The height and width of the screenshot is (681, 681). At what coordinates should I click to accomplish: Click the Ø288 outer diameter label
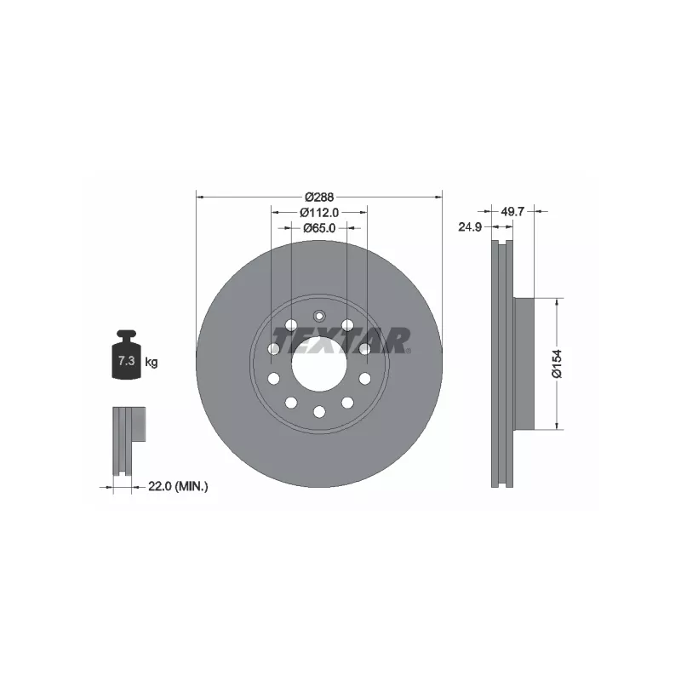point(320,196)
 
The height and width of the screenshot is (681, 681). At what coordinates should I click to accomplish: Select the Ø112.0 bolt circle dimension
point(320,212)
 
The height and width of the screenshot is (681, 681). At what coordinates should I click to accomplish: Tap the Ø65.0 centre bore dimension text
point(320,228)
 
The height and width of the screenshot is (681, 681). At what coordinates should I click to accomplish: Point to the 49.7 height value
point(512,210)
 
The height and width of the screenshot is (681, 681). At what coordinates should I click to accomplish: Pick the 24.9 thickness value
point(470,226)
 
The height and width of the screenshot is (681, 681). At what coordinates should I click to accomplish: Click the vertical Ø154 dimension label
point(557,363)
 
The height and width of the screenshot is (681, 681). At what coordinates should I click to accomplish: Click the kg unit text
point(152,363)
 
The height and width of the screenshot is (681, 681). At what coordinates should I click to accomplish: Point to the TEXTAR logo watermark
point(340,340)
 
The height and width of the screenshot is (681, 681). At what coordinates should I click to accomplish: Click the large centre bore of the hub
point(319,366)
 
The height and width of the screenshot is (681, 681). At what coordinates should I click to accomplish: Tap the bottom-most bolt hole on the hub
point(319,412)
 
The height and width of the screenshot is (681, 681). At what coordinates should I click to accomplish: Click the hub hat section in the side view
point(523,363)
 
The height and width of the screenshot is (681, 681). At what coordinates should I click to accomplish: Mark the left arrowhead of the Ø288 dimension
point(200,196)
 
